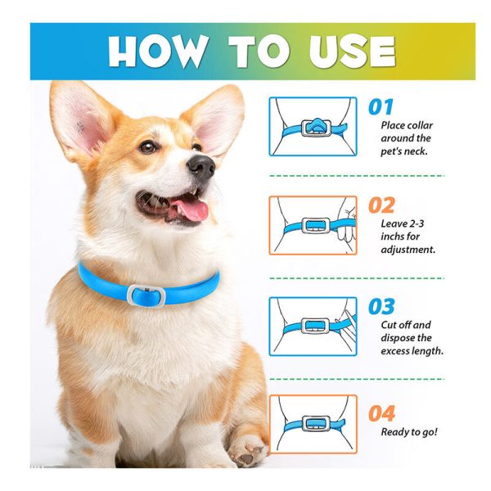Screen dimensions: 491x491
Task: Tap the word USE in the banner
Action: [x=352, y=52]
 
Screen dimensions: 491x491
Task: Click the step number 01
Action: [x=381, y=107]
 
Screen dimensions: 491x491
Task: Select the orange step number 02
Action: [x=381, y=205]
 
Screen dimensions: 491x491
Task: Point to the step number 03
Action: [x=381, y=306]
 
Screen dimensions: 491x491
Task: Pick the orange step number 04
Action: [x=381, y=413]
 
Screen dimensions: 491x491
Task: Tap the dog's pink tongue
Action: [x=191, y=210]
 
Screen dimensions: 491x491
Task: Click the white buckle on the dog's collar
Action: [x=146, y=296]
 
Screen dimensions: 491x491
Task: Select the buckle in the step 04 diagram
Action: [x=315, y=425]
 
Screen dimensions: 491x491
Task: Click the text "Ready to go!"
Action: [x=409, y=432]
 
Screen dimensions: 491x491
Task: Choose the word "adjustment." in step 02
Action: [x=408, y=250]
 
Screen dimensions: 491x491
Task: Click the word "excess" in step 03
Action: [x=394, y=351]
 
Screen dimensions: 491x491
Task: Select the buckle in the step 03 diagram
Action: [x=315, y=327]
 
